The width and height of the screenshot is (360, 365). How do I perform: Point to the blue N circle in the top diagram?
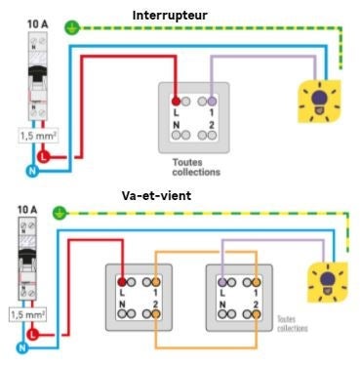pos(29,170)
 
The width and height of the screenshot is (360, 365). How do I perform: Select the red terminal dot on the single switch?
pos(177,100)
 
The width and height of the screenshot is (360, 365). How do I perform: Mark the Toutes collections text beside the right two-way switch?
pos(285,323)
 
